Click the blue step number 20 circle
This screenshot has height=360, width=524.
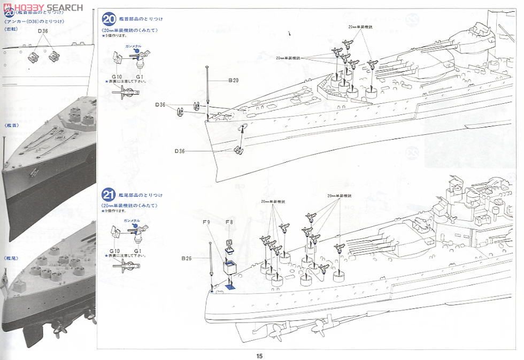click(109, 20)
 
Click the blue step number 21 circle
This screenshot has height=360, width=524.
click(109, 195)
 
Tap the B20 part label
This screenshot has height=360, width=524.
click(233, 80)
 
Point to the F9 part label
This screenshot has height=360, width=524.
click(206, 221)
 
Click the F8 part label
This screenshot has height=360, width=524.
click(229, 221)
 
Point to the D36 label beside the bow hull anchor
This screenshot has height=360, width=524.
click(180, 151)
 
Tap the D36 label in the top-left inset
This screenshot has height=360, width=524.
click(43, 31)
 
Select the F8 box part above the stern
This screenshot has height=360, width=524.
click(230, 266)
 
